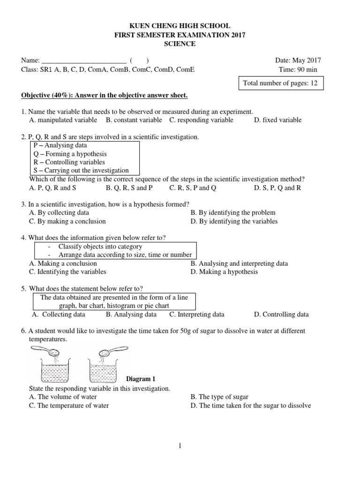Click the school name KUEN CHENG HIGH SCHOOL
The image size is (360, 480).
click(x=180, y=26)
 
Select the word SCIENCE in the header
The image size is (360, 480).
click(x=180, y=44)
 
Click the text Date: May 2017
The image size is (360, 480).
click(x=298, y=60)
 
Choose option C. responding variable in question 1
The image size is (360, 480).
click(x=201, y=120)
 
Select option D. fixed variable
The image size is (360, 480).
click(x=277, y=120)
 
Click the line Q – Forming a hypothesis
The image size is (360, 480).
click(x=70, y=154)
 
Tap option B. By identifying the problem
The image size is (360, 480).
click(x=233, y=213)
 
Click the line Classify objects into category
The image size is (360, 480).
click(x=100, y=247)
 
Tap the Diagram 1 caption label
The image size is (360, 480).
click(x=141, y=379)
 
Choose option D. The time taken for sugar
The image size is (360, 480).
click(x=250, y=406)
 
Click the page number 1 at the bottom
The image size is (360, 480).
click(x=180, y=446)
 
